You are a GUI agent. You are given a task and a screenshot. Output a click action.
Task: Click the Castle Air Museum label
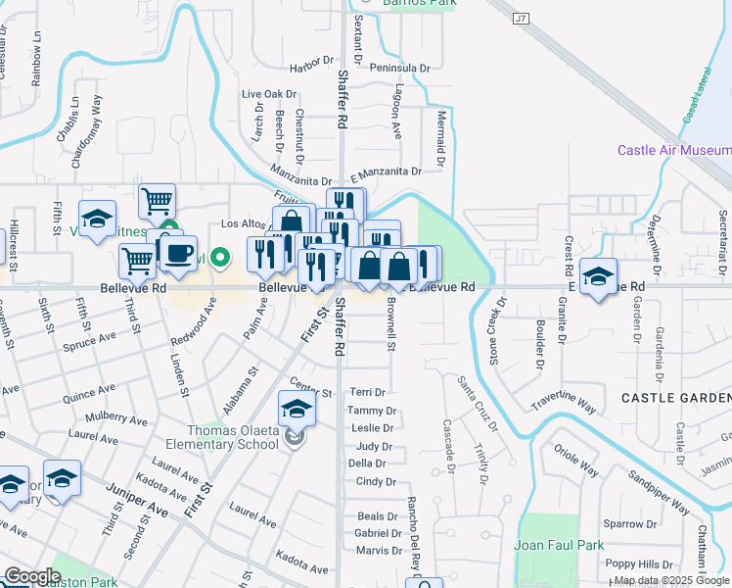click(673, 150)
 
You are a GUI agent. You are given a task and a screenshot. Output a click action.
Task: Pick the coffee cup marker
click(177, 254)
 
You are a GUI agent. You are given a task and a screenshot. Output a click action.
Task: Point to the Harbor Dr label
click(312, 68)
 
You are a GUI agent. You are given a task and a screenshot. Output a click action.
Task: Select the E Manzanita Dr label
click(386, 171)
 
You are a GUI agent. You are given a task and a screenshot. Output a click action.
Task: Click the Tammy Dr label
click(371, 411)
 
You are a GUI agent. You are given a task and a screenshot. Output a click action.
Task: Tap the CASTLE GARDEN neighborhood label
click(676, 397)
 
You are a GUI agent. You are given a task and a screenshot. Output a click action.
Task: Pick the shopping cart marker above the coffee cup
click(157, 202)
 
